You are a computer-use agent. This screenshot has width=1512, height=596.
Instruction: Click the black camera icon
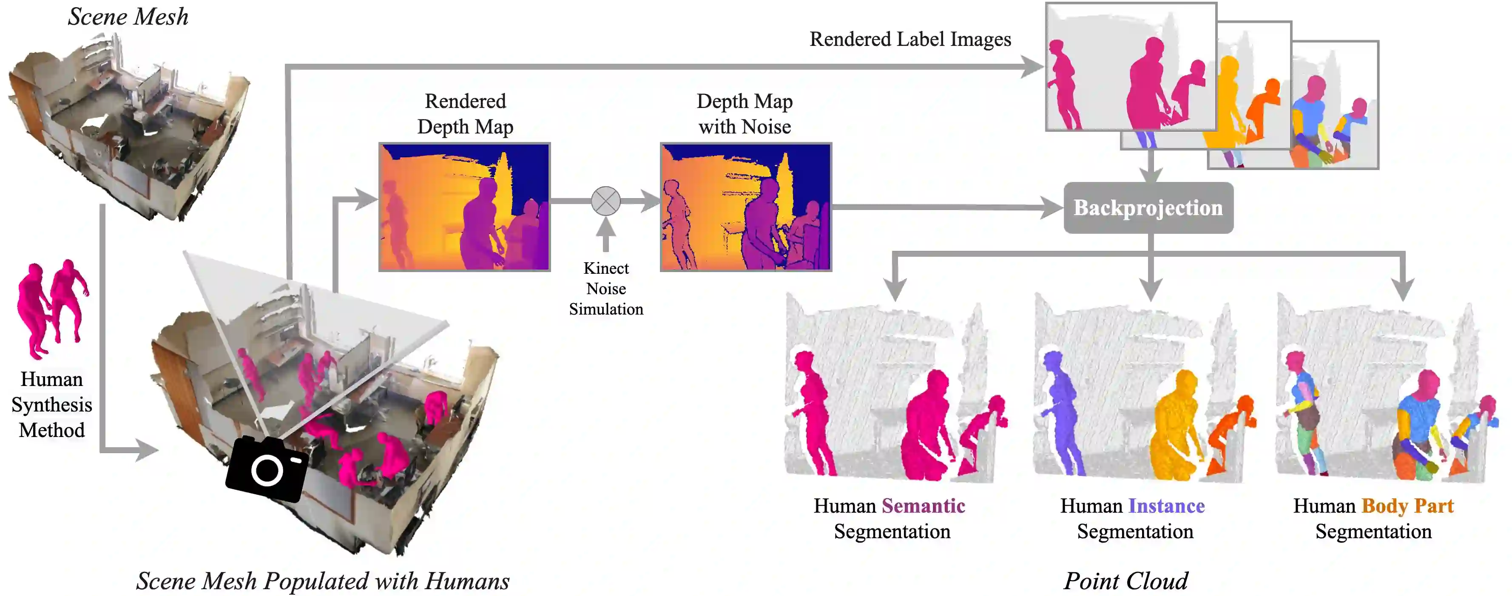[267, 469]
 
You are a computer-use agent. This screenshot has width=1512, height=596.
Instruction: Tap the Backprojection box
[1148, 207]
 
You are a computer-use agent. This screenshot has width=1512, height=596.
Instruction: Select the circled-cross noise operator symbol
[606, 201]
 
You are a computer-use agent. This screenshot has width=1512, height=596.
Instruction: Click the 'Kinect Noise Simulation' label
[606, 289]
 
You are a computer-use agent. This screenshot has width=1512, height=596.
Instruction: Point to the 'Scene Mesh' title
[128, 17]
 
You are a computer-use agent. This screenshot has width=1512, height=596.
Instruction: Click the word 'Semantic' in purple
[923, 505]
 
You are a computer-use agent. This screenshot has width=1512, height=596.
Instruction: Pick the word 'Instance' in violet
[1166, 505]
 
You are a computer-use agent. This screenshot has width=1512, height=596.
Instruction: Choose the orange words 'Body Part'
[1407, 505]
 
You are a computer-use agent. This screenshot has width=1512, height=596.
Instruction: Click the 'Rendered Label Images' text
[910, 39]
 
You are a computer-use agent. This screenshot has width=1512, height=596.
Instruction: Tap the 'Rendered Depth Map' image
[464, 207]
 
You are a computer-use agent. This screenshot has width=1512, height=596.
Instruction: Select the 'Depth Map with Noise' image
[745, 207]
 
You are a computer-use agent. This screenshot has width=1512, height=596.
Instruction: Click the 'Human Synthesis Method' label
[51, 404]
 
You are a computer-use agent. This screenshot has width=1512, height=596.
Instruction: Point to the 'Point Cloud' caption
[1125, 581]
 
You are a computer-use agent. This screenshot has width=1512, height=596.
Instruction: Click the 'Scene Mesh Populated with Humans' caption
[323, 581]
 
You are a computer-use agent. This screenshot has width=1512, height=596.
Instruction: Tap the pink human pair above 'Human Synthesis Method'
[51, 308]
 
